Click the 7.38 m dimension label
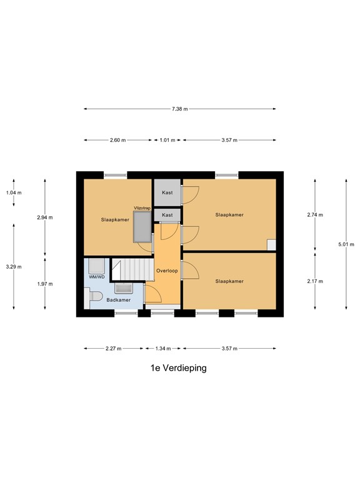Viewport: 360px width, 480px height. pos(180,109)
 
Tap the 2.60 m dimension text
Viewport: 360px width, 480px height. pos(118,140)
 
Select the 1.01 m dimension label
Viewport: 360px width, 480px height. pos(167,140)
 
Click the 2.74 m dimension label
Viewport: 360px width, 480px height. pos(315,215)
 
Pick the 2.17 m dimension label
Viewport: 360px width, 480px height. pos(315,281)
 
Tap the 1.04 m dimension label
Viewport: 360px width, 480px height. pos(13,192)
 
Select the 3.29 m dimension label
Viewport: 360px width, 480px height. pos(13,267)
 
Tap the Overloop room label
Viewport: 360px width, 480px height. pos(167,271)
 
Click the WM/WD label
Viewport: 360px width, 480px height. pos(96,276)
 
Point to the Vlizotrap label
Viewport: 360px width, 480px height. pos(142,207)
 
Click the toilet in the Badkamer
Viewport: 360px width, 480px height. pos(95,296)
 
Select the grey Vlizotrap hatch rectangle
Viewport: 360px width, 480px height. pos(142,226)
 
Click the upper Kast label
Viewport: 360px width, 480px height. pos(167,192)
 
